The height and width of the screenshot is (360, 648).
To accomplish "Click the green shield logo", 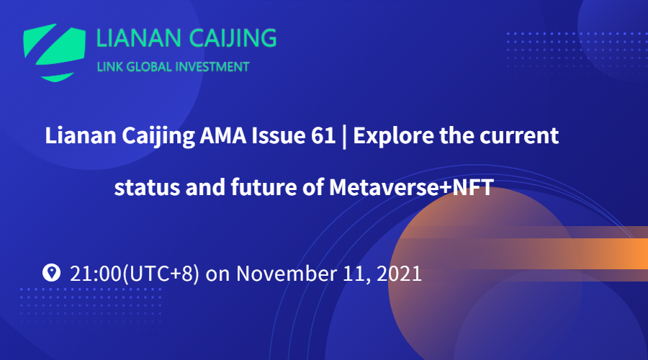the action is [x=54, y=53].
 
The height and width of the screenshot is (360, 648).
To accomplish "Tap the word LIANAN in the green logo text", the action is [x=139, y=38].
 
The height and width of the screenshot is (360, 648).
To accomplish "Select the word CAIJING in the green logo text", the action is [x=233, y=38].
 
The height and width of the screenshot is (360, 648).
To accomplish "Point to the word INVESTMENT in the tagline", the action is [x=212, y=67].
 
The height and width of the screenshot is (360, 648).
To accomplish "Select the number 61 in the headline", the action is [x=323, y=135].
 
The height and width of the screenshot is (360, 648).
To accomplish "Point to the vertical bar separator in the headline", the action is [x=344, y=136].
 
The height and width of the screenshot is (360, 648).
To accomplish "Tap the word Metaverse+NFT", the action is [x=411, y=187].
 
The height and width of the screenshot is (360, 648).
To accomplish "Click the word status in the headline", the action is [x=147, y=187].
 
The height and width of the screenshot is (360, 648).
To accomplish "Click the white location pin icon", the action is [x=51, y=273].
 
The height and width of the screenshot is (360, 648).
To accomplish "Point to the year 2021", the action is [x=399, y=274].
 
